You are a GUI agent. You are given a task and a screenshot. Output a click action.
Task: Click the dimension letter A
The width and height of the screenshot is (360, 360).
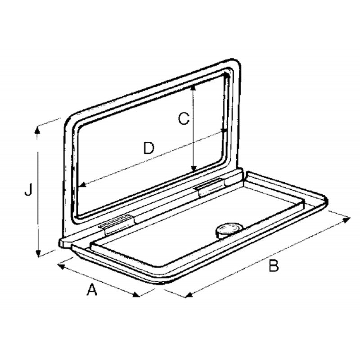click(x=92, y=290)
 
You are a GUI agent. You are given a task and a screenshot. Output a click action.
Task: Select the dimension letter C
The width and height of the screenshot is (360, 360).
click(x=182, y=119)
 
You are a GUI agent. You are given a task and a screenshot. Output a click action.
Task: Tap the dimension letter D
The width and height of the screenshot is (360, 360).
click(x=149, y=148)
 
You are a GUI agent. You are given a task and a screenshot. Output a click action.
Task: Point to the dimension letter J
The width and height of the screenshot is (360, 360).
click(x=28, y=191)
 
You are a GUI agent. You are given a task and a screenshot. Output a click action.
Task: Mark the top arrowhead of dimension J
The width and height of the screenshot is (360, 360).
click(x=38, y=129)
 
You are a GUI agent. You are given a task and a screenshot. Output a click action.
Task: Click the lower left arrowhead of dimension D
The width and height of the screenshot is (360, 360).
click(x=81, y=186)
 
